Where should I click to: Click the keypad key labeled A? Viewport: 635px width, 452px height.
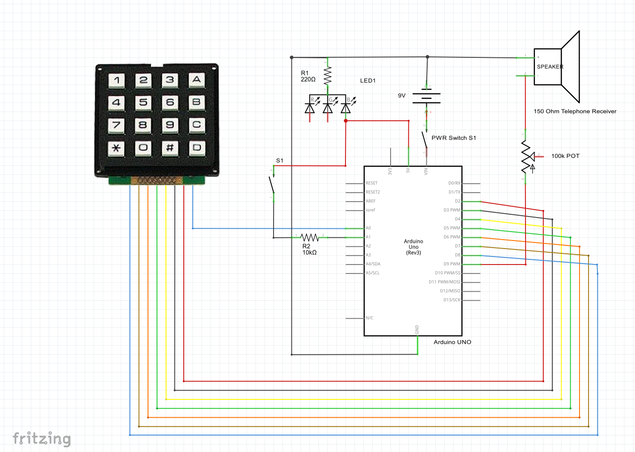pyautogui.click(x=196, y=80)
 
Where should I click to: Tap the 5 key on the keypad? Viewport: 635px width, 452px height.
pyautogui.click(x=143, y=102)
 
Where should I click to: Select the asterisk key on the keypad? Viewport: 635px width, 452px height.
pyautogui.click(x=116, y=148)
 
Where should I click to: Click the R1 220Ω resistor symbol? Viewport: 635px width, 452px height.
pyautogui.click(x=328, y=75)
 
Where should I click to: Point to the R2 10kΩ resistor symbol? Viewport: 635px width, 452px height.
pyautogui.click(x=310, y=238)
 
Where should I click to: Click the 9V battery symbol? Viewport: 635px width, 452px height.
pyautogui.click(x=426, y=98)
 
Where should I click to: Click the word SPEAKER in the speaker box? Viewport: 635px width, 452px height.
pyautogui.click(x=550, y=67)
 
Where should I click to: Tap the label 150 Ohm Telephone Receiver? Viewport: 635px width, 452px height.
pyautogui.click(x=575, y=111)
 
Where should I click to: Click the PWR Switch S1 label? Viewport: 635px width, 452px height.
pyautogui.click(x=454, y=138)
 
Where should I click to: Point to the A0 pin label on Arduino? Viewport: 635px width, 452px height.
pyautogui.click(x=368, y=228)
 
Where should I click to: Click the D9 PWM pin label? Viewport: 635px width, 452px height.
pyautogui.click(x=452, y=264)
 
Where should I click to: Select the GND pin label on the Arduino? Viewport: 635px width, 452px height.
pyautogui.click(x=417, y=329)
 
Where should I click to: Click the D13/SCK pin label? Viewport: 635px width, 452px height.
pyautogui.click(x=452, y=300)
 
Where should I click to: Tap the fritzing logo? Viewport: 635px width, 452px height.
pyautogui.click(x=41, y=439)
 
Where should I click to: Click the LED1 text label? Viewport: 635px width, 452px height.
pyautogui.click(x=368, y=81)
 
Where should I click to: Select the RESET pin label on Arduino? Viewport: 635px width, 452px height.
pyautogui.click(x=371, y=183)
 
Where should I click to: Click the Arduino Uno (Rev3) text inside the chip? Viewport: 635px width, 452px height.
pyautogui.click(x=413, y=247)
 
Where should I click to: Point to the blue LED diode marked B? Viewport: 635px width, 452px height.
pyautogui.click(x=346, y=108)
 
